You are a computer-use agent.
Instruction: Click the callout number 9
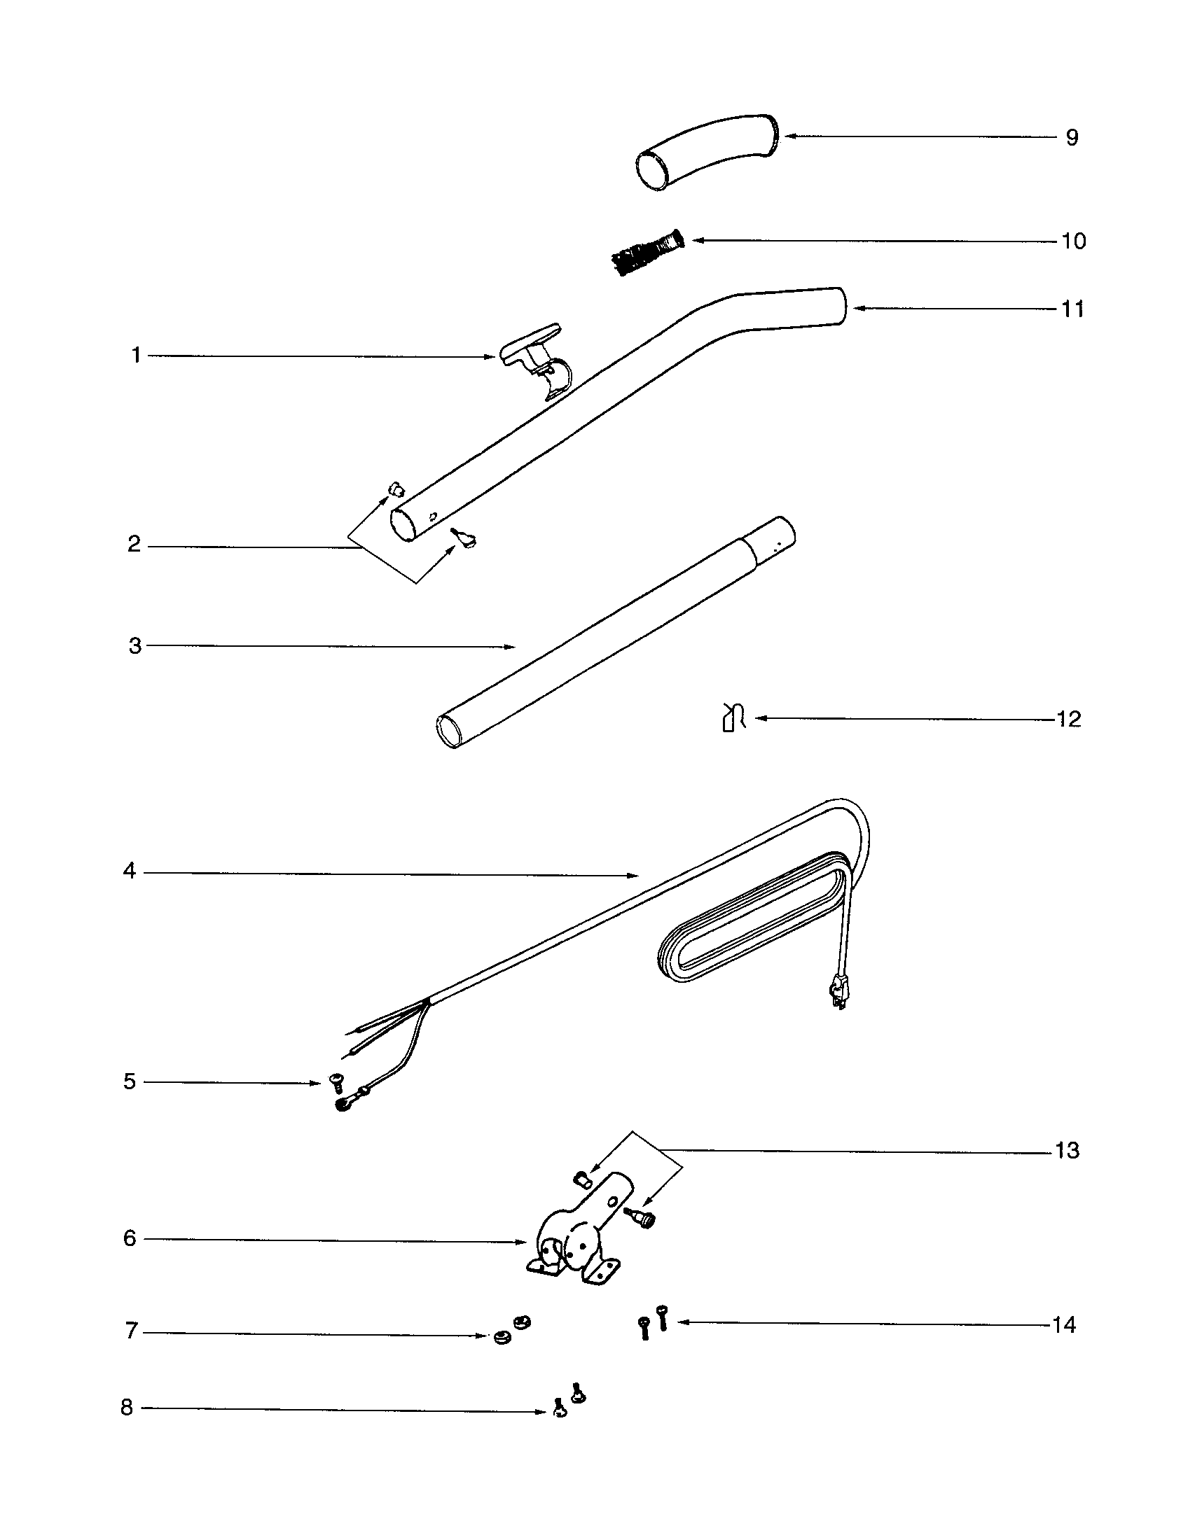point(1072,137)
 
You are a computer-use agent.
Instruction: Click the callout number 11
point(1072,309)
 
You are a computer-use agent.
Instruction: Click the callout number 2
point(134,545)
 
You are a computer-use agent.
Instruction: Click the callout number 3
point(134,646)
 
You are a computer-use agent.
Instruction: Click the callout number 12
point(1069,719)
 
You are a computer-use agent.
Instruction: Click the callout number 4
point(129,871)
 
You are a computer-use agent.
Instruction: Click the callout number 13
point(1068,1151)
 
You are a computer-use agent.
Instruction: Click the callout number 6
point(129,1239)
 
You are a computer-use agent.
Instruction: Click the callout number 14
point(1064,1326)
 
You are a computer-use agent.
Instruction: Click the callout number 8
point(127,1408)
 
